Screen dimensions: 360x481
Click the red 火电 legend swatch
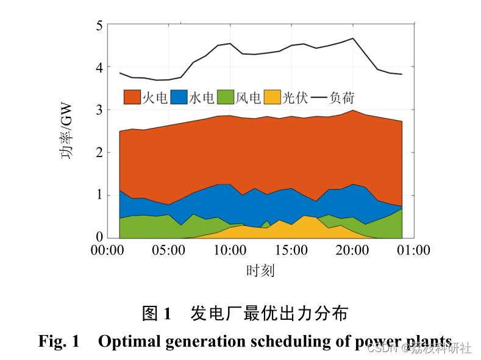click(132, 97)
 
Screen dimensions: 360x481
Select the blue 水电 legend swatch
click(179, 97)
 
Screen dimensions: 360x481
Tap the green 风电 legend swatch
click(226, 97)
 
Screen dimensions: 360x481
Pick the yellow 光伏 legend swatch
click(272, 97)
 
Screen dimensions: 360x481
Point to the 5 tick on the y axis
click(98, 26)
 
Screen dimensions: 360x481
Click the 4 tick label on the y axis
click(98, 68)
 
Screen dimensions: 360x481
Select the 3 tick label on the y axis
click(98, 110)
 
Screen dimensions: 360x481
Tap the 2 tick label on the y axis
click(98, 153)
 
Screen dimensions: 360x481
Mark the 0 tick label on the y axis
click(98, 237)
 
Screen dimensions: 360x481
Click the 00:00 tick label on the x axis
click(107, 250)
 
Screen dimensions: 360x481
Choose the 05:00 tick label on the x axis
click(169, 250)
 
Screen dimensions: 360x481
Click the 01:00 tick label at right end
click(415, 250)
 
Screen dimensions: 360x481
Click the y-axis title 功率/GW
click(66, 131)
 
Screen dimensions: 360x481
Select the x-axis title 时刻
click(261, 270)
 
